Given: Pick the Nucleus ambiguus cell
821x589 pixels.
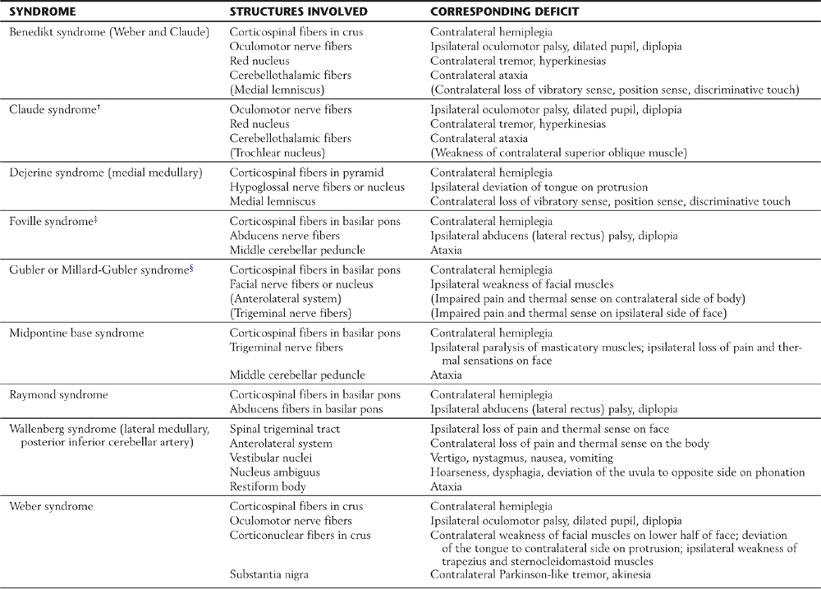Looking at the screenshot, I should click(274, 472).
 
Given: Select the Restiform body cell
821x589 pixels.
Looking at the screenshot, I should click(268, 486).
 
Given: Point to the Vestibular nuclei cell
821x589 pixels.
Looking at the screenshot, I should click(272, 458).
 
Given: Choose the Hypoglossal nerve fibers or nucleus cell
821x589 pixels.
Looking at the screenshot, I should click(316, 186).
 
